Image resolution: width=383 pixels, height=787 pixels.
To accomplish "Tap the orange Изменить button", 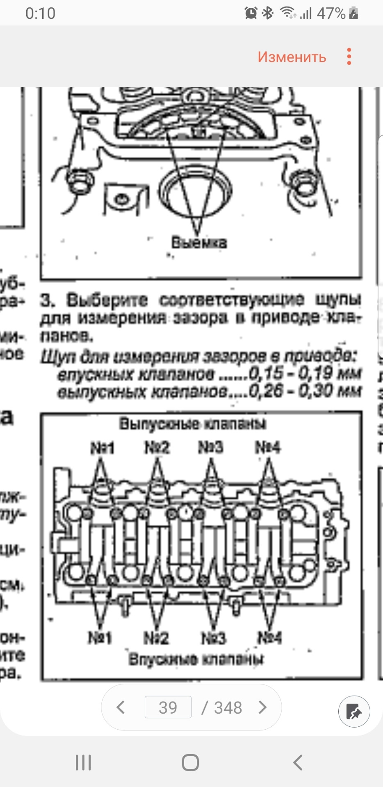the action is click(x=292, y=57).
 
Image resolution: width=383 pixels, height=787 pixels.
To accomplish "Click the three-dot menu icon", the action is click(x=349, y=57).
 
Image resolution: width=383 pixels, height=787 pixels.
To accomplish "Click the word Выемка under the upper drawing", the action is click(x=199, y=242).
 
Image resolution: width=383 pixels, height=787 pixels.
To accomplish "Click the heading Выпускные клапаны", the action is click(x=193, y=423).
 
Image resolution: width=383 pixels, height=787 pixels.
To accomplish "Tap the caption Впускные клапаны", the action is click(x=196, y=660).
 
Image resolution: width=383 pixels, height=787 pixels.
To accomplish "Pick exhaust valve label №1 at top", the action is click(x=103, y=448).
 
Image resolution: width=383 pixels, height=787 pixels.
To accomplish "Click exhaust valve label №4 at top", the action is click(x=268, y=447).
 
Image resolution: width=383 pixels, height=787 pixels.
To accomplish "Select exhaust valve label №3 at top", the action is click(x=211, y=447).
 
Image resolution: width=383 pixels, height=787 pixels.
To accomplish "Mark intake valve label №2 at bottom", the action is click(x=156, y=638).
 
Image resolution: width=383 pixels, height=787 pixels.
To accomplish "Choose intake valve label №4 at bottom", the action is click(x=270, y=637).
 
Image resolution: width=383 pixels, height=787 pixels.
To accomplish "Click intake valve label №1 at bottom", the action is click(x=100, y=638).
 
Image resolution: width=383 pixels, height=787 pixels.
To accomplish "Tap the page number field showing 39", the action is click(x=168, y=707).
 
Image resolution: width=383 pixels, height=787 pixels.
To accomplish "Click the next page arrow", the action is click(x=262, y=707).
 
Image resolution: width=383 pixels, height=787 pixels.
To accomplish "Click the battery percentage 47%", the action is click(x=331, y=14).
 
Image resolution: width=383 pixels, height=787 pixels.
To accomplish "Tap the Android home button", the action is click(x=191, y=763).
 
